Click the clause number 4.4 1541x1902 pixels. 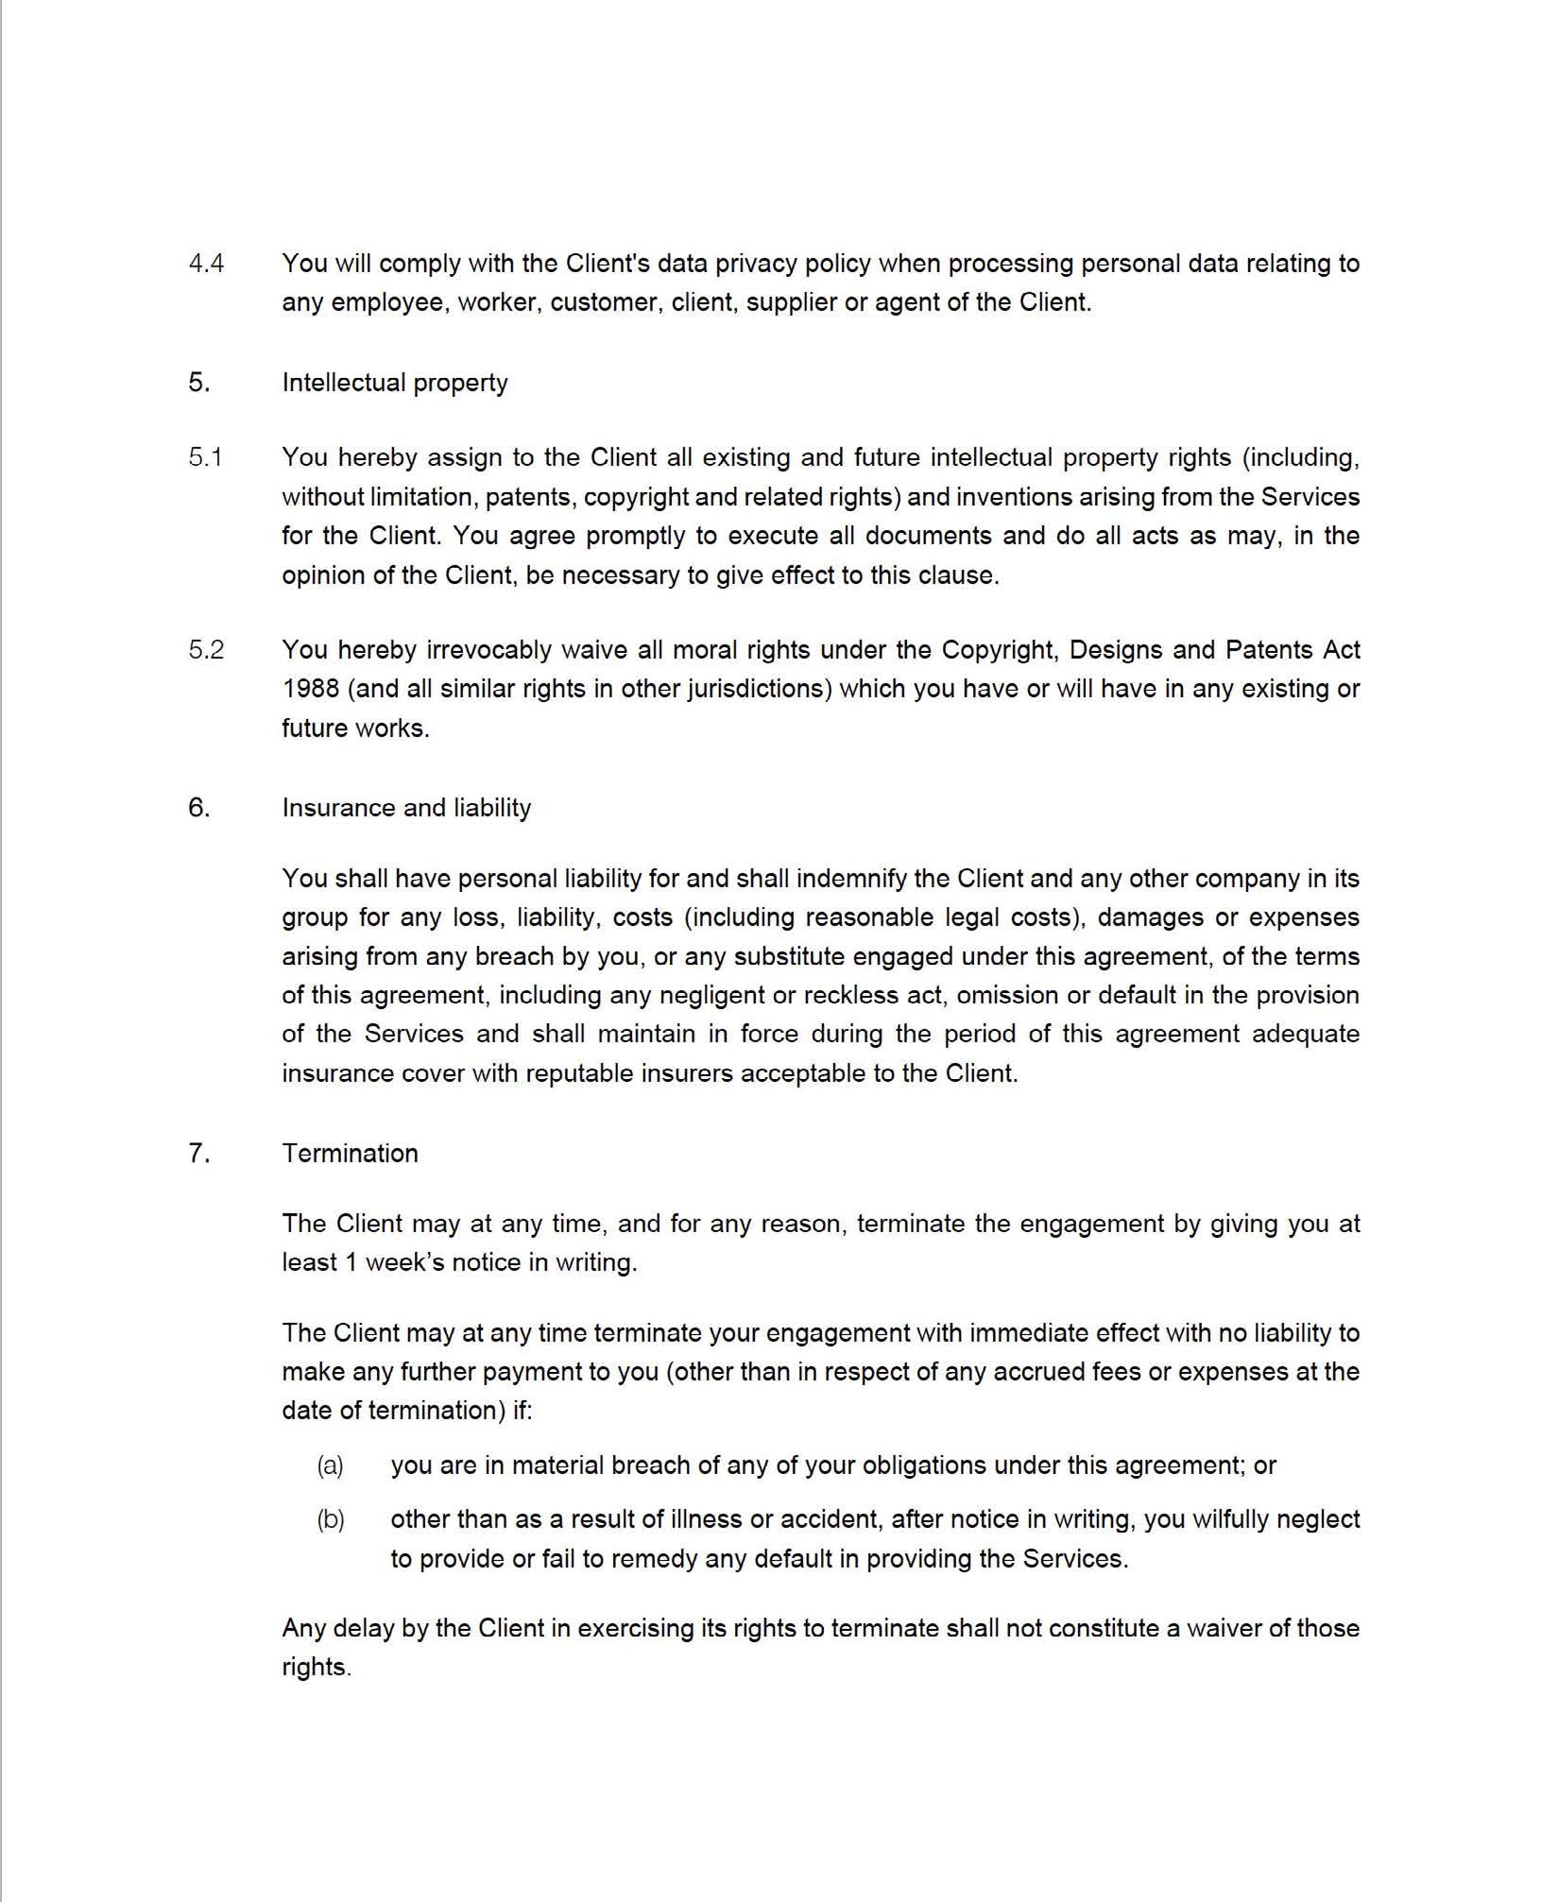click(206, 263)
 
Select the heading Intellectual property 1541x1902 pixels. click(394, 383)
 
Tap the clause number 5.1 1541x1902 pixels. click(205, 457)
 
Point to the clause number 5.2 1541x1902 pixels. click(206, 650)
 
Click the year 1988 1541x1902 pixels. click(310, 689)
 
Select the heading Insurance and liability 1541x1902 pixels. click(406, 808)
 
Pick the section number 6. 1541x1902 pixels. click(198, 808)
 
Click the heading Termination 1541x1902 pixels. click(350, 1154)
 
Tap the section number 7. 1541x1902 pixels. click(198, 1154)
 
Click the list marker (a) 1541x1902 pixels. click(330, 1465)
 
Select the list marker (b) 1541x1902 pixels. click(330, 1519)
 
